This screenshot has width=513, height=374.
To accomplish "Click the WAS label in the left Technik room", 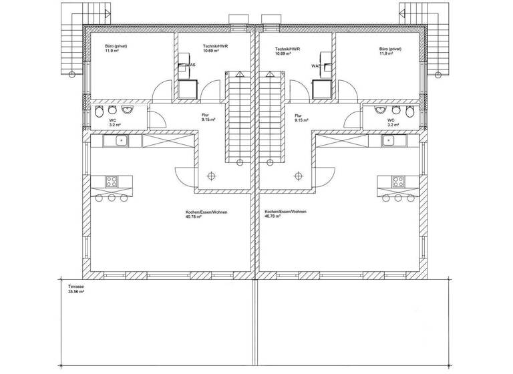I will [x=190, y=65].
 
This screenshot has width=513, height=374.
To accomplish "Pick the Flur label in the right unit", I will [x=299, y=114].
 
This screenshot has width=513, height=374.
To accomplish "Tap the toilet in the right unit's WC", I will [x=396, y=110].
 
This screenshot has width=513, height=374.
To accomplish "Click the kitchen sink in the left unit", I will [x=122, y=140].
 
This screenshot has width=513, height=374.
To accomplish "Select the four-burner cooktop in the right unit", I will [x=399, y=180].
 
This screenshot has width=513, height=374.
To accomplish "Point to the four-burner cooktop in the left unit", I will [x=111, y=180].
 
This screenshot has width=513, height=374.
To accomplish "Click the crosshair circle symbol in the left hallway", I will [x=211, y=176].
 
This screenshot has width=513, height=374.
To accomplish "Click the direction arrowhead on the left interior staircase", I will [x=234, y=71].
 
